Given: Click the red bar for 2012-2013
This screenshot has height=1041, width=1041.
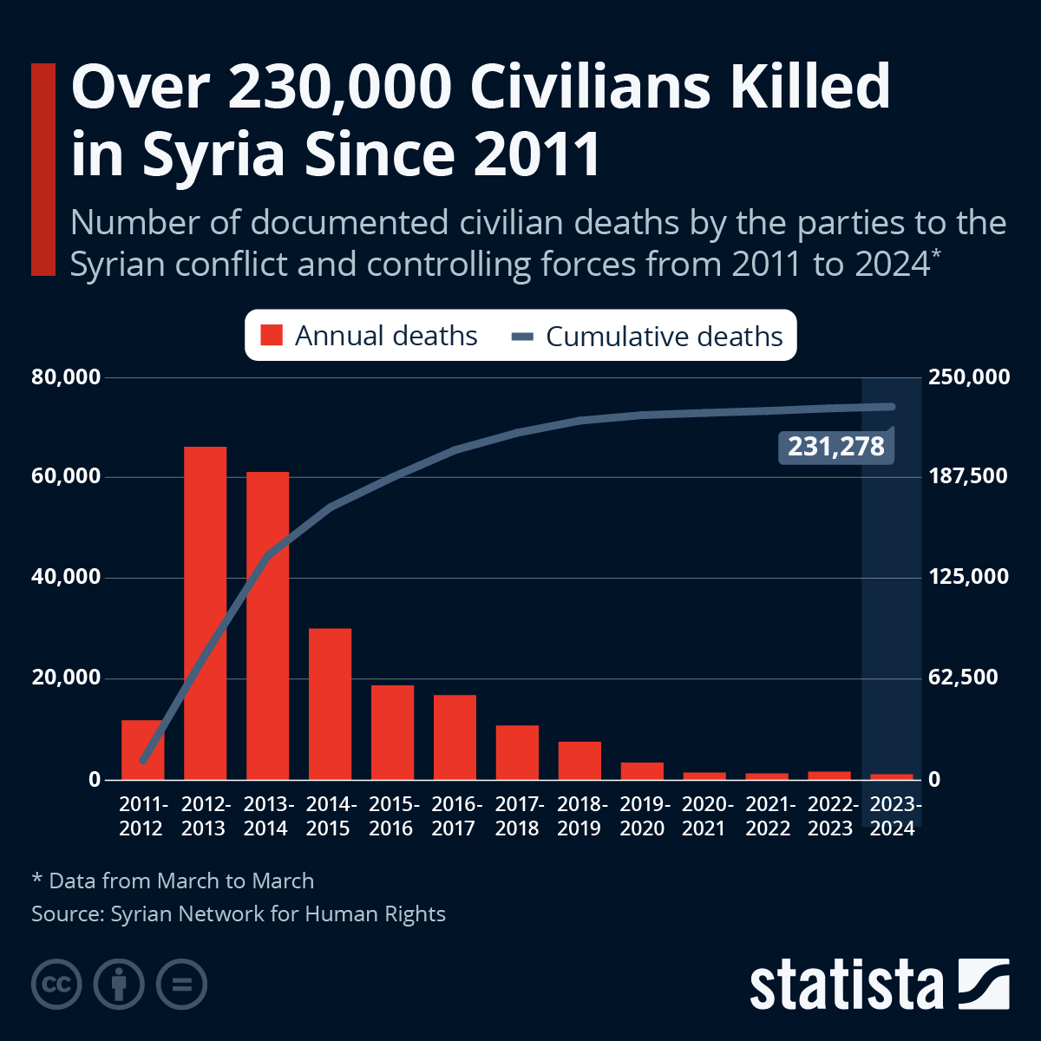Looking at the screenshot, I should click(x=205, y=612).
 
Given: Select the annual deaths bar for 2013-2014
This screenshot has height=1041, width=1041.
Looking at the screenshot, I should click(x=267, y=625).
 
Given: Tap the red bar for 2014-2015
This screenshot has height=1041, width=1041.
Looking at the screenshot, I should click(x=330, y=704).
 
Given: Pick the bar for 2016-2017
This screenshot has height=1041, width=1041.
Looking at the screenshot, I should click(x=455, y=737).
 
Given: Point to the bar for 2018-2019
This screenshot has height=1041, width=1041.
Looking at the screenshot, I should click(x=579, y=760).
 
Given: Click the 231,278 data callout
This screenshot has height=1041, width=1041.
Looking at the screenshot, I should click(x=835, y=447).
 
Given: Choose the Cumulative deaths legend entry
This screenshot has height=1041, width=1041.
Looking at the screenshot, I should click(x=648, y=336).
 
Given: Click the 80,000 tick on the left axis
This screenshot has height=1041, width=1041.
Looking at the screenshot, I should click(x=67, y=377).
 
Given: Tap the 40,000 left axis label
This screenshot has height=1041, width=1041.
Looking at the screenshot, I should click(x=67, y=578).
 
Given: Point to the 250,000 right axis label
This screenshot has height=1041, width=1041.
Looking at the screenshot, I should click(x=969, y=377).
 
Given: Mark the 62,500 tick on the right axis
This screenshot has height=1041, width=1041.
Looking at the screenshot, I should click(x=963, y=678).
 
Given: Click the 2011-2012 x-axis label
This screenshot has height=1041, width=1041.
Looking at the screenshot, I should click(x=142, y=816).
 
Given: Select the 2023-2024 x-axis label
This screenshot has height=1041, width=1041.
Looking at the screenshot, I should click(x=894, y=816).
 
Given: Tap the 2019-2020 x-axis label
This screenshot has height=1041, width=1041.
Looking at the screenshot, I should click(x=642, y=816).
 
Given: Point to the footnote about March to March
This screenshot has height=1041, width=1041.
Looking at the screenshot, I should click(x=173, y=881).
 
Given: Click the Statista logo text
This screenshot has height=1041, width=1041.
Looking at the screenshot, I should click(x=846, y=985).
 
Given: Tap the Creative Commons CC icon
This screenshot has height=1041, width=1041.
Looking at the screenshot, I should click(x=56, y=985).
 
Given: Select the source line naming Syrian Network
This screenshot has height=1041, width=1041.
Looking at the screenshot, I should click(x=239, y=913).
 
